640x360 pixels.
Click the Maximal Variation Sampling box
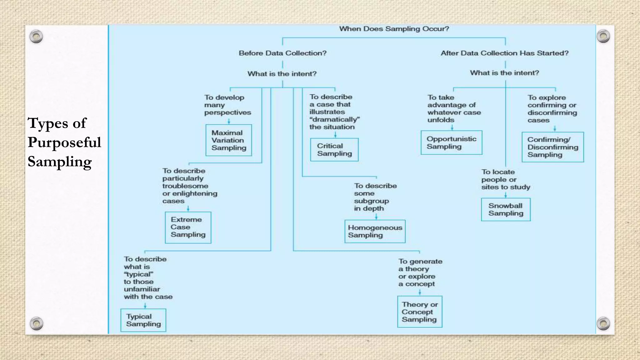point(228,140)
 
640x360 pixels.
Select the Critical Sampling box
point(334,150)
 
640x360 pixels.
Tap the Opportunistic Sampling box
point(451,143)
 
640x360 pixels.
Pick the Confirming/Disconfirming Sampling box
point(552,147)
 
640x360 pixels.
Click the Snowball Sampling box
point(506,210)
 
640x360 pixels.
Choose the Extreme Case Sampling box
point(188,227)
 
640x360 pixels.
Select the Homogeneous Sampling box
point(375,232)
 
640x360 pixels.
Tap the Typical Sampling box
point(143,320)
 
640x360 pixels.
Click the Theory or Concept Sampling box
point(420,312)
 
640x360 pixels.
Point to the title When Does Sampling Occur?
point(394,29)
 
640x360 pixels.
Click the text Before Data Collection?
point(282,53)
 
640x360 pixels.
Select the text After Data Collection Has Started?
point(504,53)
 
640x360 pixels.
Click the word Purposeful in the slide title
point(64,142)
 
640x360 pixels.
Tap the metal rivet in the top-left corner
point(36,37)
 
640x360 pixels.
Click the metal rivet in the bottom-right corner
point(603,323)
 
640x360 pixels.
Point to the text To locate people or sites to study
point(505,180)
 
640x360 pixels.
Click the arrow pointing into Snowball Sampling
point(506,195)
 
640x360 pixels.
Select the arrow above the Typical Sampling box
point(145,305)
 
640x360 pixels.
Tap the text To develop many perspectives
point(227,105)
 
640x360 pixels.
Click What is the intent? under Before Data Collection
point(282,74)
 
